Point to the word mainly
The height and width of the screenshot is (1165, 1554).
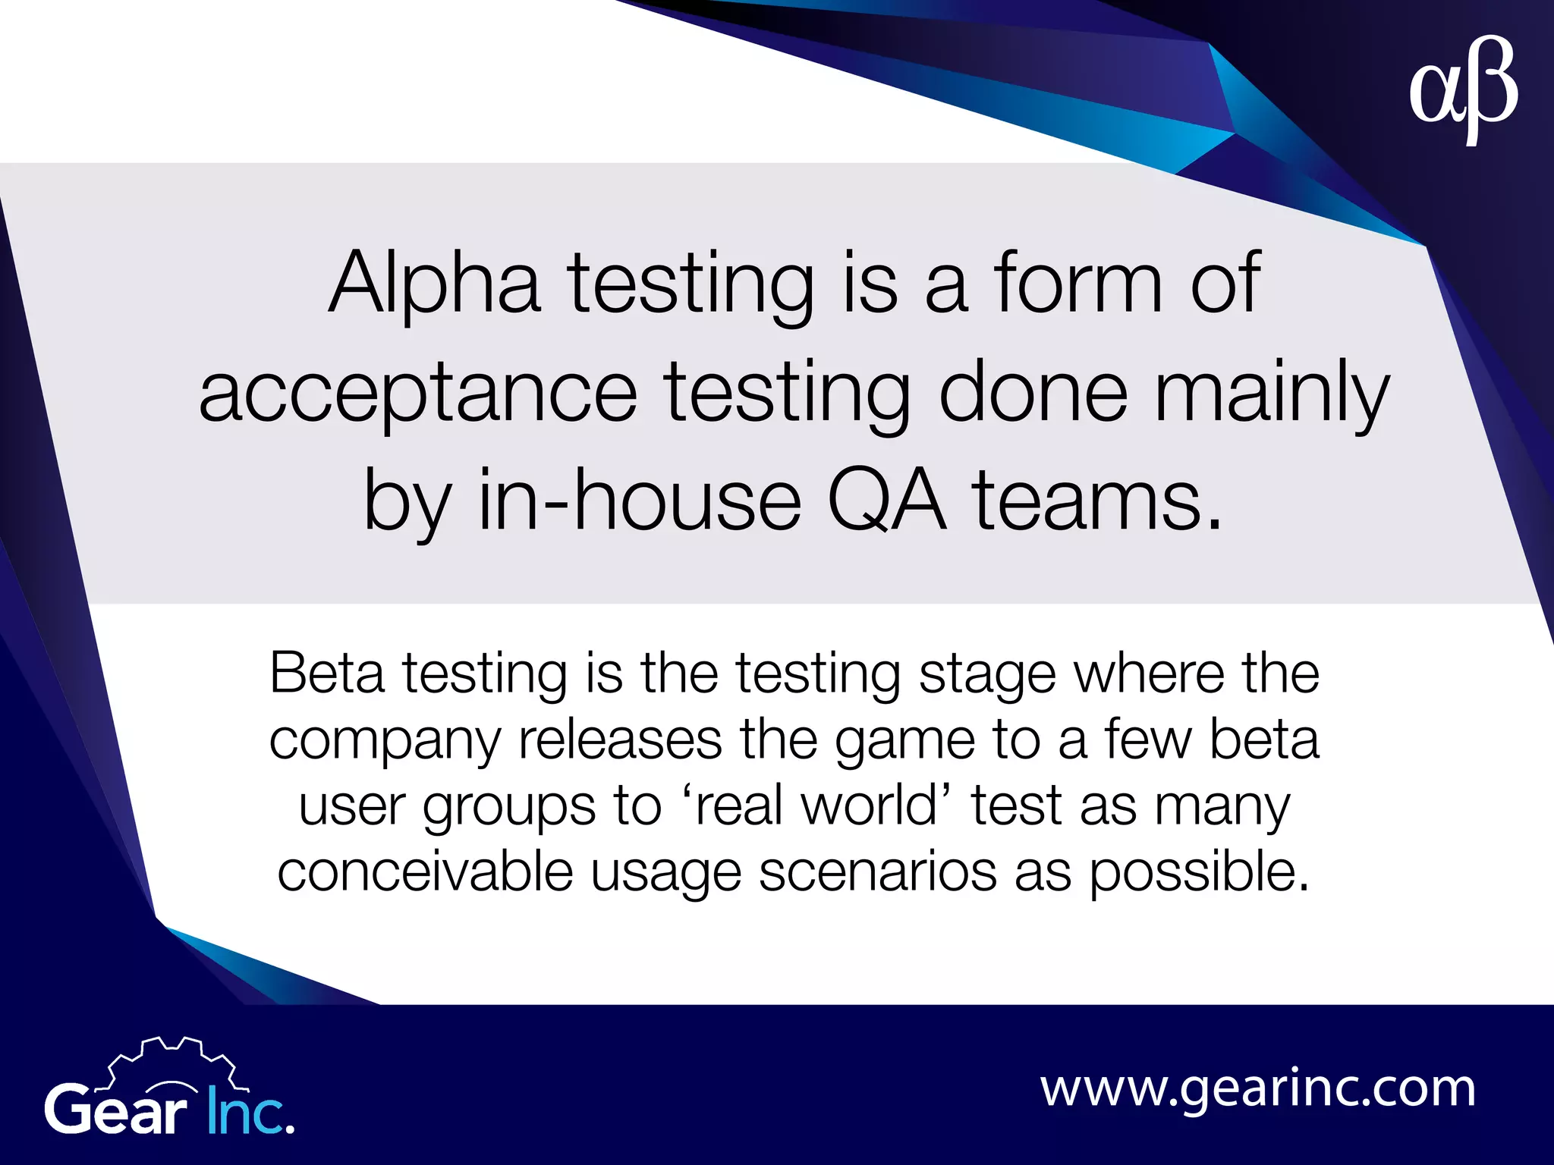(1272, 393)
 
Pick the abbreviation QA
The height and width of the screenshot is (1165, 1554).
(886, 501)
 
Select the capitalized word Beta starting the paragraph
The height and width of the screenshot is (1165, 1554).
(327, 673)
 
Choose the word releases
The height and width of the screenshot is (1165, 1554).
(620, 740)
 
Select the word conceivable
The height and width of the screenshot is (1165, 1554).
(425, 871)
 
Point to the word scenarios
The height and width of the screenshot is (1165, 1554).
(877, 871)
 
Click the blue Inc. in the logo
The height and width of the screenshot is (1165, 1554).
(250, 1112)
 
